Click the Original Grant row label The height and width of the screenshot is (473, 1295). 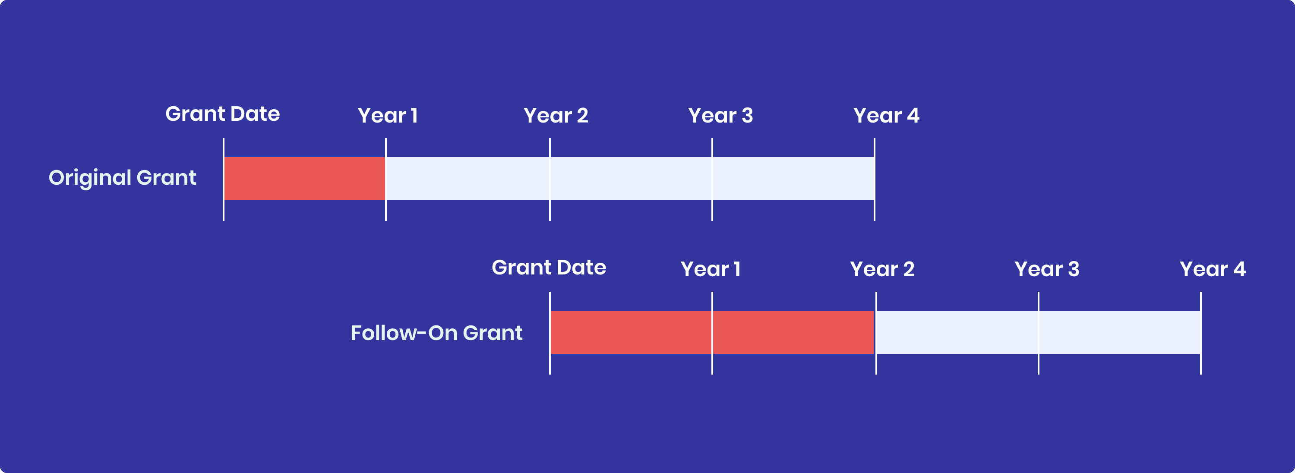(122, 178)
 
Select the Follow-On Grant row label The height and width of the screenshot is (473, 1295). (436, 333)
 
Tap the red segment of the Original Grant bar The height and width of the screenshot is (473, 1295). (305, 178)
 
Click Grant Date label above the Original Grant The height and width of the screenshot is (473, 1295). (222, 114)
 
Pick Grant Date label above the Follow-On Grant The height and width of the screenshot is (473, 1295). (549, 268)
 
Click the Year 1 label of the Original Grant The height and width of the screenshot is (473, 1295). (388, 116)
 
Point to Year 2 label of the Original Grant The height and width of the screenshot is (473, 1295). (556, 116)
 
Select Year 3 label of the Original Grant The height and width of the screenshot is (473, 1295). (720, 116)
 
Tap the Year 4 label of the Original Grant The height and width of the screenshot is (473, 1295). (886, 116)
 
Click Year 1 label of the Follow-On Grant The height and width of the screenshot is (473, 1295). (711, 269)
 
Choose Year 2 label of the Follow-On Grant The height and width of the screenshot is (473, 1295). (882, 269)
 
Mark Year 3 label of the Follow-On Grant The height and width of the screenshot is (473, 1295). (1047, 269)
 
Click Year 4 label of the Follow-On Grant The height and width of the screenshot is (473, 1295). (1212, 269)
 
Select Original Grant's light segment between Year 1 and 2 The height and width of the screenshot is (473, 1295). (467, 178)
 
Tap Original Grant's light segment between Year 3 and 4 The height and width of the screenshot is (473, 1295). (793, 178)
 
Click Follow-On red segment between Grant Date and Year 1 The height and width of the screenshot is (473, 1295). (631, 332)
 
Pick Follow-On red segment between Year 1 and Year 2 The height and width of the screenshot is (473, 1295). (793, 332)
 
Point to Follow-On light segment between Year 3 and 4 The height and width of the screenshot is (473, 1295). (1120, 332)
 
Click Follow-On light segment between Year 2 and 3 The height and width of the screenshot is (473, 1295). (957, 332)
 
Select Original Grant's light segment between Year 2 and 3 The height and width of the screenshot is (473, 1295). (631, 178)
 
